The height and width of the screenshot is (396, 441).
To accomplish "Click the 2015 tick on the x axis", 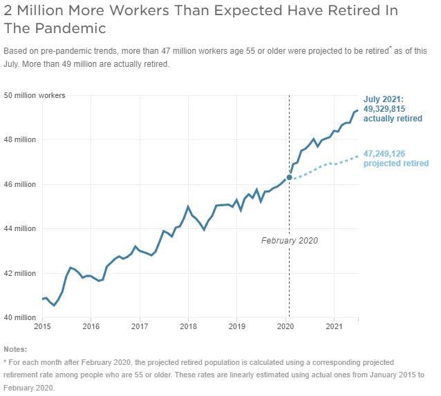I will coord(43,326).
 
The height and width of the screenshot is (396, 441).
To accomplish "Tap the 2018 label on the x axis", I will coord(188,326).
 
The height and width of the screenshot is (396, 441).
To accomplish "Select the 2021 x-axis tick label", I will coord(334,326).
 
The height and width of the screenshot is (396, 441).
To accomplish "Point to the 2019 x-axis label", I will coord(237,326).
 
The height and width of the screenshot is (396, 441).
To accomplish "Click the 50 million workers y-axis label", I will coord(35,95).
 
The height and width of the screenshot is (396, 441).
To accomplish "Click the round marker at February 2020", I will coord(289,177).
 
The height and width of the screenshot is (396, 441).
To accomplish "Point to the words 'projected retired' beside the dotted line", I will coord(395,164).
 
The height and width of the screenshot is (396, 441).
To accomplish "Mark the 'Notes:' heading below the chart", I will coord(15,349).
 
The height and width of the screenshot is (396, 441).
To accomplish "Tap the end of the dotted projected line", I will coord(357,156).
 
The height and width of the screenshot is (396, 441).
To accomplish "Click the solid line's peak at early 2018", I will coord(188,206).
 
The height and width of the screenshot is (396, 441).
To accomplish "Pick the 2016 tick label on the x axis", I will coord(91,326).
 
